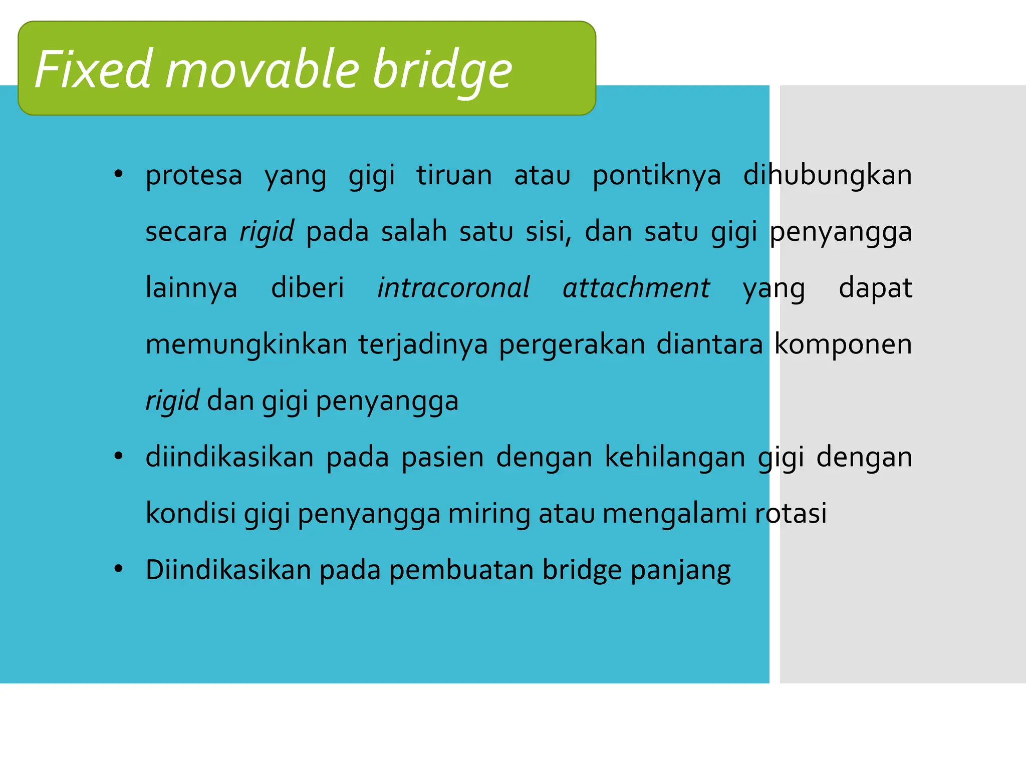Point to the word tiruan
coord(454,175)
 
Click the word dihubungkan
coord(827,175)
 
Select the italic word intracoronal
coord(453,288)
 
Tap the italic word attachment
coord(636,288)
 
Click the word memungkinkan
coord(246,344)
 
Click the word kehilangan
coord(675,458)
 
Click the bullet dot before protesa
coord(118,174)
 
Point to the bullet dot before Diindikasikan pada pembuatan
coord(118,569)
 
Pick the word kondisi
coord(190,513)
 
